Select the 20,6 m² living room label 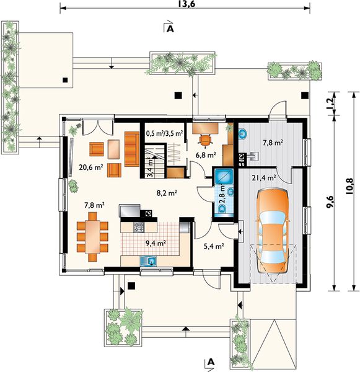[91, 167]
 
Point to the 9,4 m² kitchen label [156, 243]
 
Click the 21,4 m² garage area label [264, 178]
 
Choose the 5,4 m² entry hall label [214, 246]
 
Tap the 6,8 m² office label [206, 155]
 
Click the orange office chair [204, 139]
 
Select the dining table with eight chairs [92, 237]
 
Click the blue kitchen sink [148, 261]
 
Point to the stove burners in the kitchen [139, 228]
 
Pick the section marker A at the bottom [211, 362]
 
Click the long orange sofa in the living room [131, 149]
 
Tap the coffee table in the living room [114, 149]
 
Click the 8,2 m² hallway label [167, 193]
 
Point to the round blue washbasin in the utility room [243, 133]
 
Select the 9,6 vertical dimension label [330, 202]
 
